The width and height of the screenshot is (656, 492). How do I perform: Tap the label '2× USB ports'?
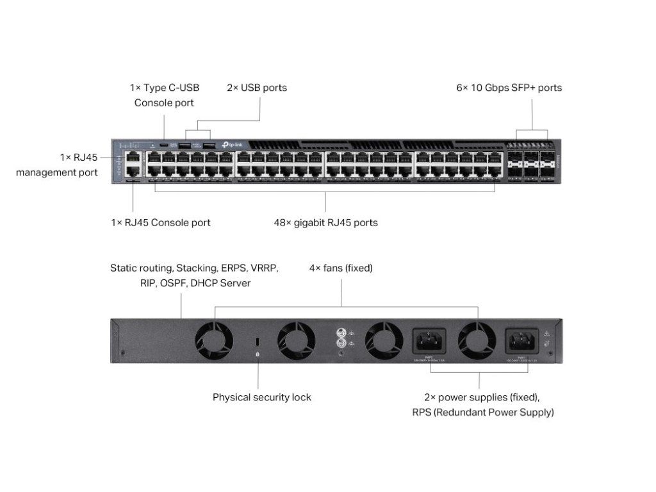tap(257, 88)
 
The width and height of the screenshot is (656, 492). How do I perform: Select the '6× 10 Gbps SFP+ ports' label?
tap(509, 88)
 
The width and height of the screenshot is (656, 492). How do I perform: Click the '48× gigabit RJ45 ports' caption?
tap(325, 223)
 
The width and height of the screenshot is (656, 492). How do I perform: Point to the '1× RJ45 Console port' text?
tap(160, 223)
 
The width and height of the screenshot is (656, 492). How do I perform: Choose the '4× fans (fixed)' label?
tap(340, 268)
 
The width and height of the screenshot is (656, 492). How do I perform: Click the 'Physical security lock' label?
tap(261, 397)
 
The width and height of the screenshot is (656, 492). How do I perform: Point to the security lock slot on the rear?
tap(258, 340)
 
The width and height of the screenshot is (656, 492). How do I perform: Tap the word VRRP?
tap(263, 268)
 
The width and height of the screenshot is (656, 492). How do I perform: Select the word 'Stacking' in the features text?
tap(197, 268)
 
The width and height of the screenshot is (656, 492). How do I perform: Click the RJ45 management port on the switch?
tap(133, 157)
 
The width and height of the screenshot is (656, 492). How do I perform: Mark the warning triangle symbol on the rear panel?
tap(546, 334)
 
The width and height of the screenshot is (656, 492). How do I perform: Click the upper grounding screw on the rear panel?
tap(341, 333)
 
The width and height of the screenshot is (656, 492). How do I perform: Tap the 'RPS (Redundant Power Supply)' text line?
tap(482, 413)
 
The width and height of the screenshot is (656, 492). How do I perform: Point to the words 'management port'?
tap(57, 172)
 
